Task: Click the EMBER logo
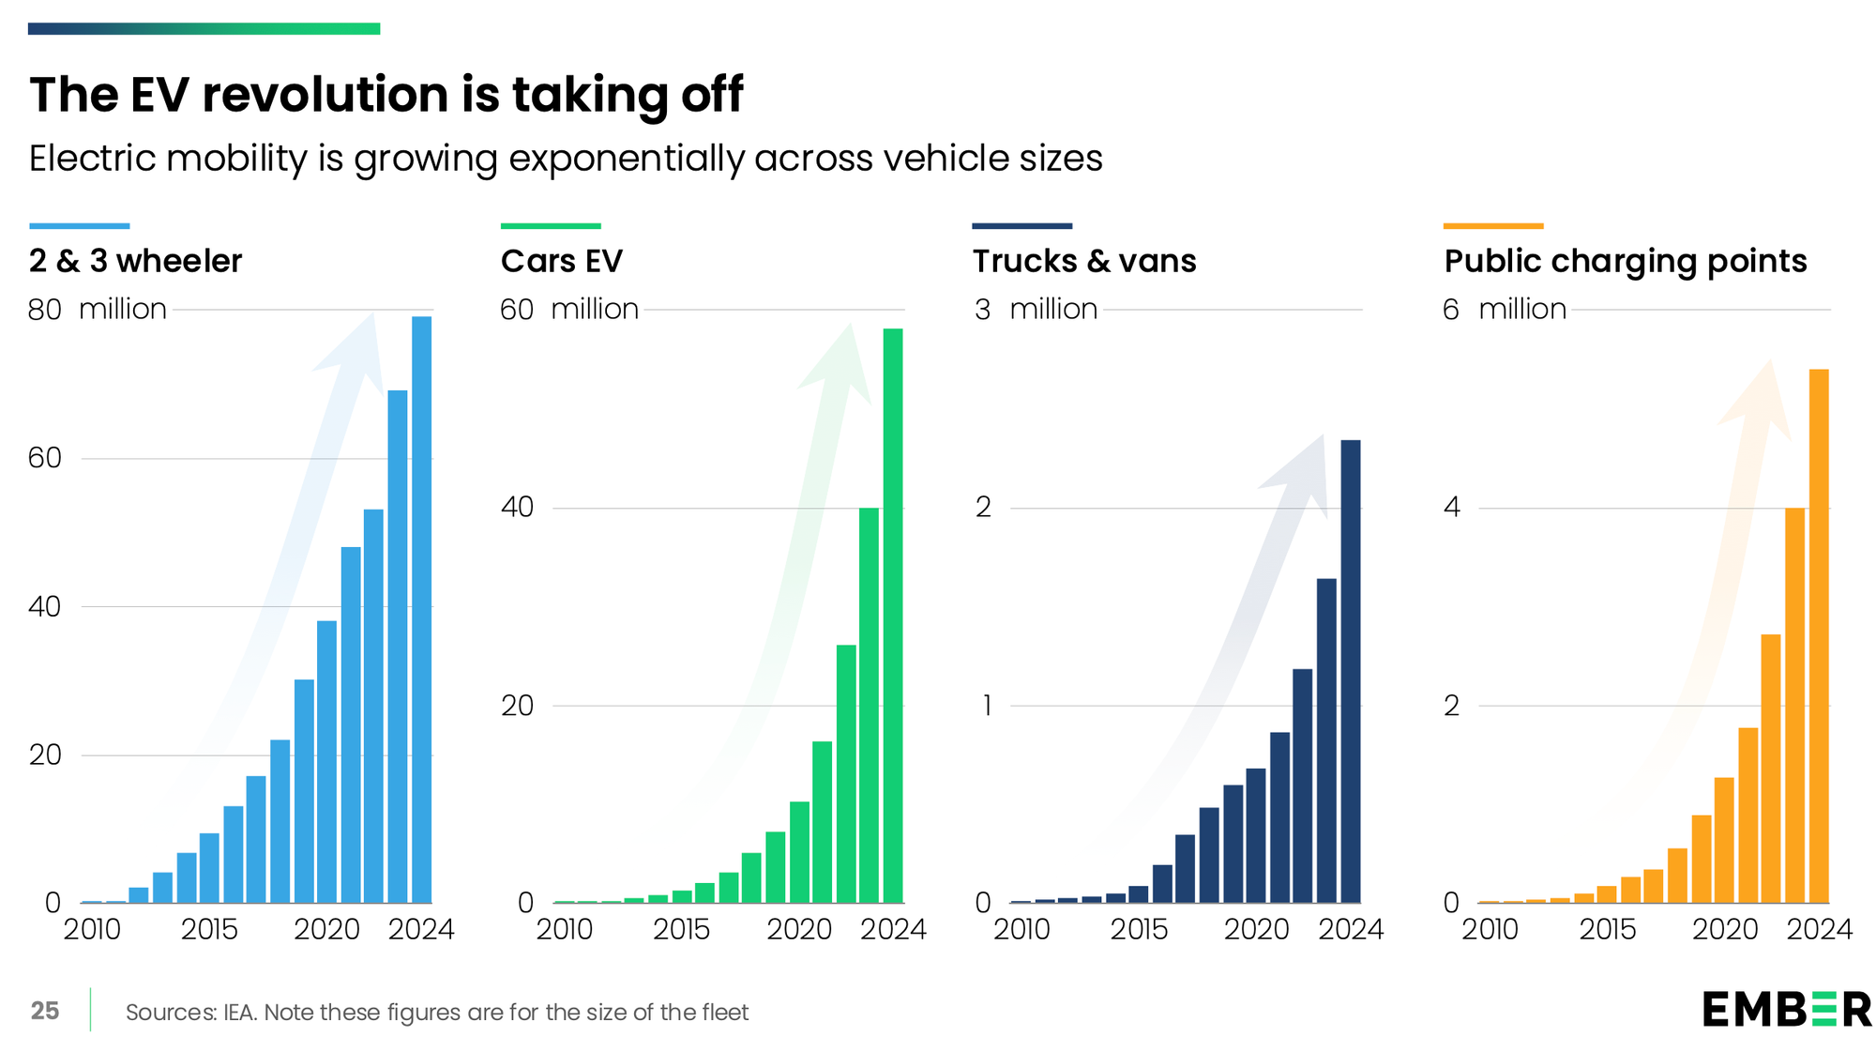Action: tap(1786, 1010)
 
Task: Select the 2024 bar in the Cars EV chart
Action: tap(893, 615)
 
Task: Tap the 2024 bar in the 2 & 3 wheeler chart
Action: tap(422, 610)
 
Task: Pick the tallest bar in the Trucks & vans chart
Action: tap(1350, 671)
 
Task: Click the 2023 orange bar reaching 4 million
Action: tap(1794, 705)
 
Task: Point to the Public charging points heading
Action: tap(1625, 261)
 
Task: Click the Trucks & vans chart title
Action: tap(1084, 261)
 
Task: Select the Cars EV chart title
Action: tap(561, 261)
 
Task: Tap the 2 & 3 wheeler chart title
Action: tap(135, 261)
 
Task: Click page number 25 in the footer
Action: tap(45, 1011)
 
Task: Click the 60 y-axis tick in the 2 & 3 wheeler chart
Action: tap(44, 458)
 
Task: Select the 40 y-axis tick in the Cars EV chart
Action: tap(517, 508)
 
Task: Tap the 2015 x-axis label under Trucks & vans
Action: tap(1139, 930)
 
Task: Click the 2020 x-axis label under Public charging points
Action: tap(1724, 930)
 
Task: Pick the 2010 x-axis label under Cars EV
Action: tap(564, 930)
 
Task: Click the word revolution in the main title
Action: tap(325, 95)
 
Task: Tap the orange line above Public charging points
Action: tap(1493, 226)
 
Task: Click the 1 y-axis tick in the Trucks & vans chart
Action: tap(986, 706)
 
